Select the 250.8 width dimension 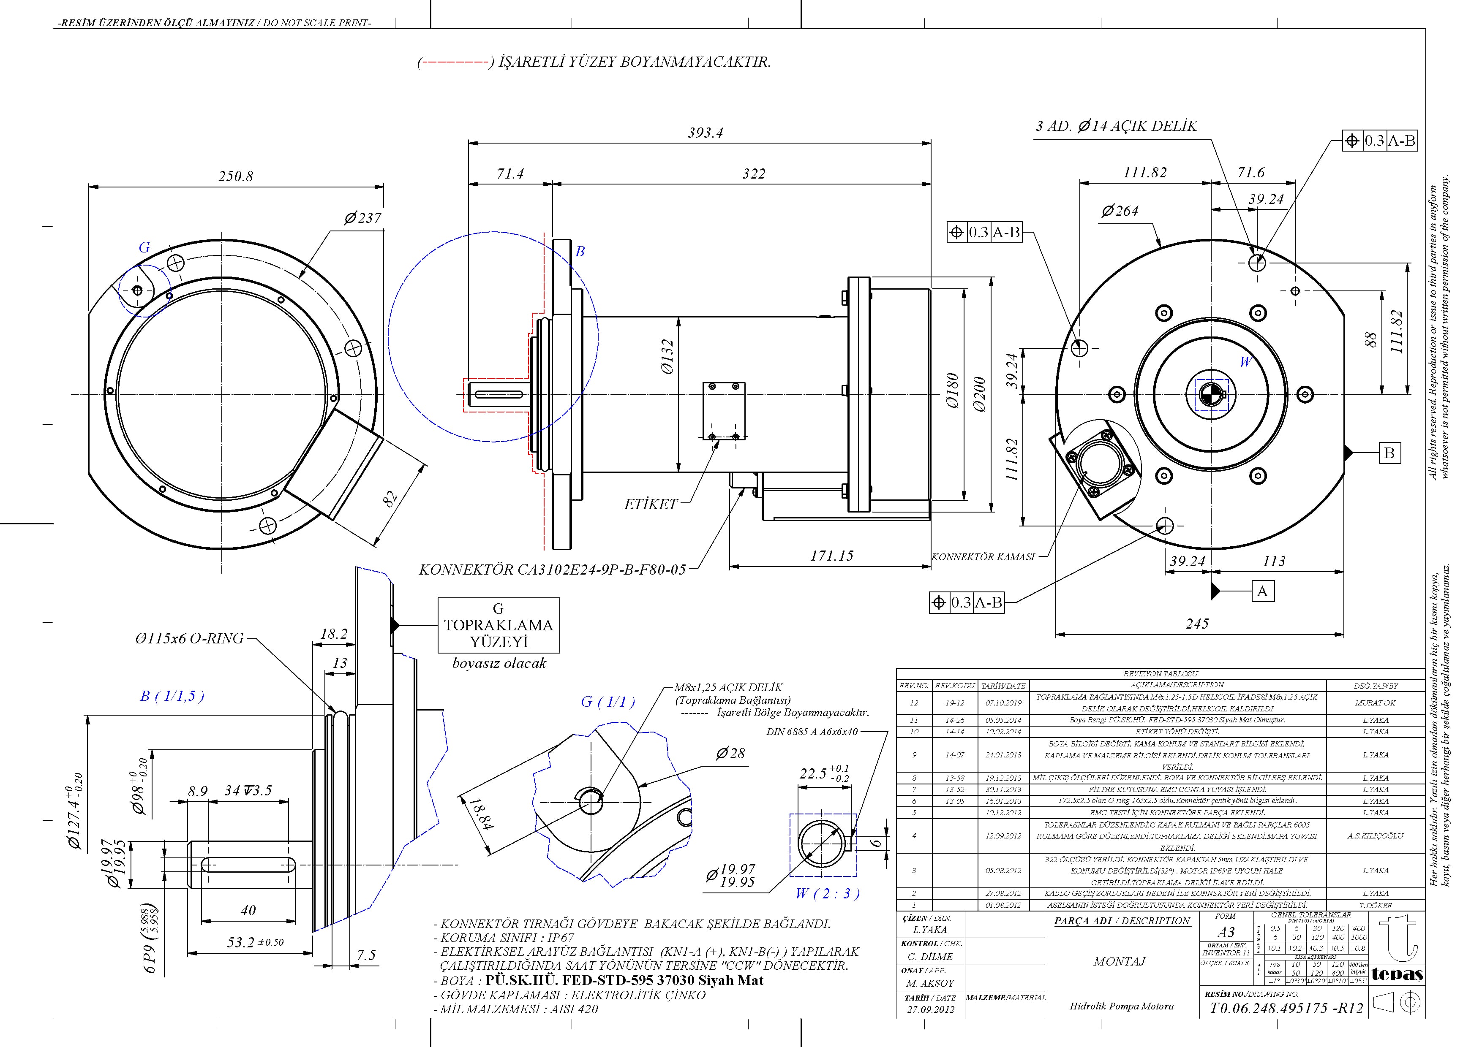click(x=236, y=176)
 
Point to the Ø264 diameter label click(x=1120, y=211)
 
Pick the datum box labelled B click(x=1389, y=453)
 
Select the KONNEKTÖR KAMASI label click(x=983, y=557)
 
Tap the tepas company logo click(x=1397, y=974)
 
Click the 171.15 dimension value click(x=831, y=556)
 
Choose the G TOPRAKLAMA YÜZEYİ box click(x=499, y=625)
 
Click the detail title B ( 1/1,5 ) click(x=172, y=696)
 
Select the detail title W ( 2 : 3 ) click(x=828, y=893)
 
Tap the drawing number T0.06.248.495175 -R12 click(x=1286, y=1008)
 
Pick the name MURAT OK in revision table click(x=1375, y=703)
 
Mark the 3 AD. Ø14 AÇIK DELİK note click(x=1116, y=126)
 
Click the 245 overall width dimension click(x=1197, y=624)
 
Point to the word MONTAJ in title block click(x=1119, y=961)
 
